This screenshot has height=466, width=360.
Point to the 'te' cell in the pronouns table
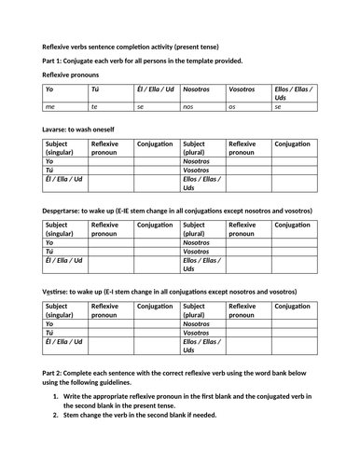(x=94, y=106)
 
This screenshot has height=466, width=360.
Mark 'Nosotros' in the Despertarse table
(x=197, y=242)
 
